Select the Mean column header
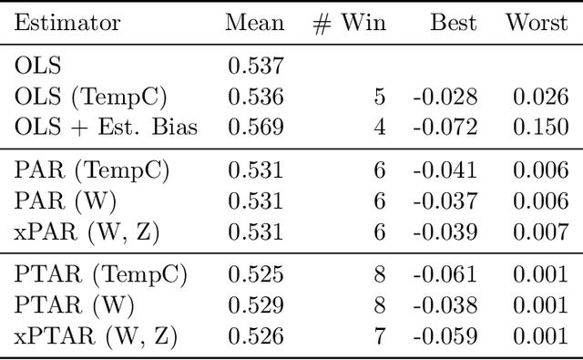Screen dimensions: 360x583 pyautogui.click(x=255, y=24)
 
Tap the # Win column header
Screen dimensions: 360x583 pyautogui.click(x=349, y=24)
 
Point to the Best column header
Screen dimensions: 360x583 pyautogui.click(x=453, y=24)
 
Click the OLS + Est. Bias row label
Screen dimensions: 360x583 pyautogui.click(x=107, y=126)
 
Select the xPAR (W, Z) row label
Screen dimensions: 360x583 pyautogui.click(x=87, y=232)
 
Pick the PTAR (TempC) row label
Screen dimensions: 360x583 pyautogui.click(x=100, y=274)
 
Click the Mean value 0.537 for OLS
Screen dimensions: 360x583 pyautogui.click(x=256, y=66)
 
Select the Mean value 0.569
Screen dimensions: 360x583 pyautogui.click(x=256, y=126)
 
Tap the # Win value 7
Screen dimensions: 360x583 pyautogui.click(x=378, y=336)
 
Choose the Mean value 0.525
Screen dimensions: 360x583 pyautogui.click(x=256, y=274)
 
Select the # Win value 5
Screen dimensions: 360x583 pyautogui.click(x=378, y=96)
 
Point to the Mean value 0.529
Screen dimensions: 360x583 pyautogui.click(x=256, y=305)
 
